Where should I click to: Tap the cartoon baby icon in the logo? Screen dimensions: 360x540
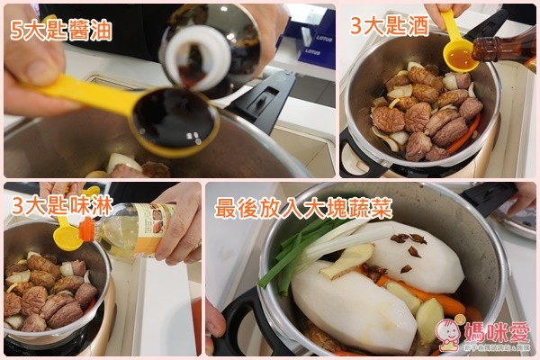coord(453,331)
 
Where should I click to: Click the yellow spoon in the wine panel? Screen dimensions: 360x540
coord(459,54)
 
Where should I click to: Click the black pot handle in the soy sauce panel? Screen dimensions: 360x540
coord(261,99)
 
